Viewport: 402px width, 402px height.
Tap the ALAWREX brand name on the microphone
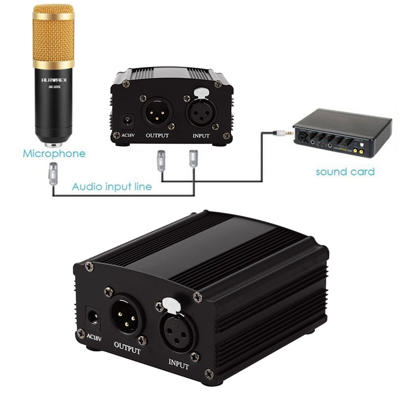tap(54, 79)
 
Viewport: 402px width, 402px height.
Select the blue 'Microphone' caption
tap(54, 153)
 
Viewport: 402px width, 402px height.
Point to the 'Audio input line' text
tap(112, 187)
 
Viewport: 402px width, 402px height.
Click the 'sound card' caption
tap(345, 172)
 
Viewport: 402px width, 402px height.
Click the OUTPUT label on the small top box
tap(157, 136)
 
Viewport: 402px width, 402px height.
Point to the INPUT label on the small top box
tap(201, 136)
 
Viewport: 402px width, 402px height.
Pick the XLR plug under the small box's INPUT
tap(193, 158)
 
